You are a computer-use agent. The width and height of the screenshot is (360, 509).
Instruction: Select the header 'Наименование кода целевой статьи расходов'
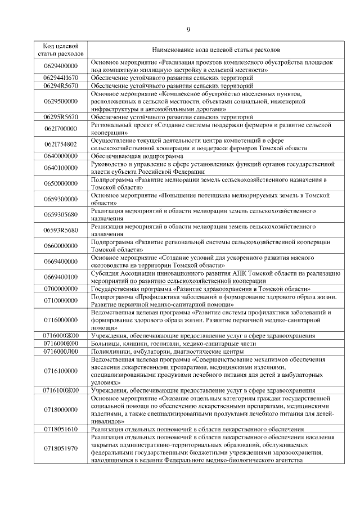point(213,49)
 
